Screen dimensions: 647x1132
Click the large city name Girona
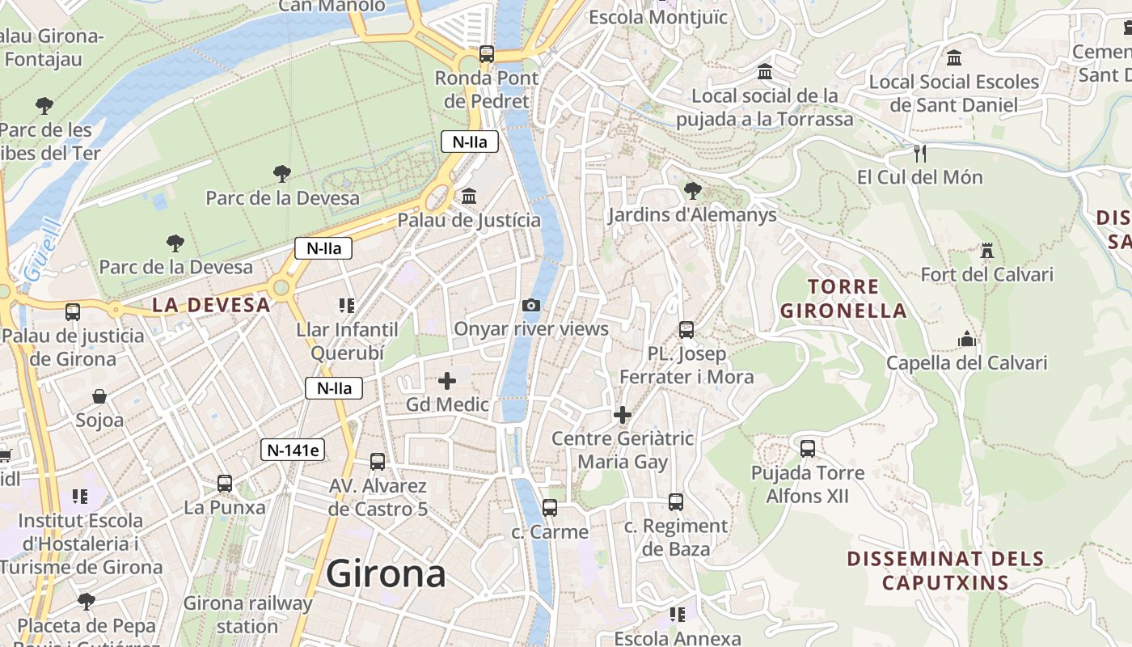coord(386,574)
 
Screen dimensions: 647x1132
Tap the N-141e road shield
coord(293,450)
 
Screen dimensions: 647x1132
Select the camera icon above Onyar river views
coord(531,305)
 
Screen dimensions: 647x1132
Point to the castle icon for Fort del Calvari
coord(986,251)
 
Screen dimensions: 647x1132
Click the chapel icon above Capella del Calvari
coord(967,340)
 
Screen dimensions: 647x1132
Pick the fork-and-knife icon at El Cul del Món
coord(919,153)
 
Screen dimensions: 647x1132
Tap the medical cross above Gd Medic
coord(447,380)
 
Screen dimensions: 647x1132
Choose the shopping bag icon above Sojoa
coord(99,396)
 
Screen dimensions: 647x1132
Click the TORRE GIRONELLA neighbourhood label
coord(843,298)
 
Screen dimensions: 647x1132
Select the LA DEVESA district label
coord(211,305)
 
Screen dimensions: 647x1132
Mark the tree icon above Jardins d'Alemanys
coord(692,191)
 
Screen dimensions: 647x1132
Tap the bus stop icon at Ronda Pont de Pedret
coord(487,54)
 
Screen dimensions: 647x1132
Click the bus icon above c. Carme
coord(550,508)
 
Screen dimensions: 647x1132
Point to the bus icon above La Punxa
coord(225,484)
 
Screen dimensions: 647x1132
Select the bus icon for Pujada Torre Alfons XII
coord(807,449)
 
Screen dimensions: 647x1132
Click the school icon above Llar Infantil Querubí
coord(347,306)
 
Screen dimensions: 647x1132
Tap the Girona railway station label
coord(247,615)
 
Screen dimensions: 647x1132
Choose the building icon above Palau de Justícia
coord(469,196)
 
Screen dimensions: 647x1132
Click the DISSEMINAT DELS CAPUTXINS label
coord(945,570)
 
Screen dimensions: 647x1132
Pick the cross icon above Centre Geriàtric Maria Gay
coord(623,415)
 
